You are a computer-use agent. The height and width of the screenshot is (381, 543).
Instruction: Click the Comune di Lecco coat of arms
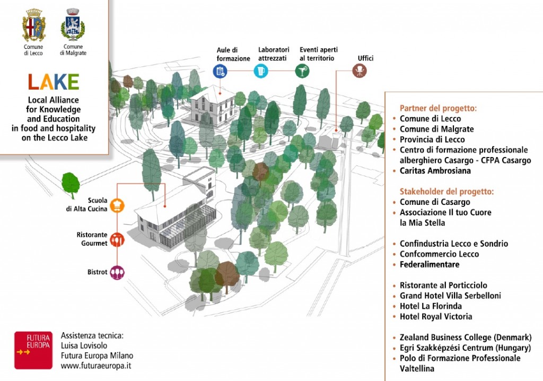click(33, 25)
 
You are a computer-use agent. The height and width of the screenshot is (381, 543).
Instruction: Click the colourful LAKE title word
click(54, 82)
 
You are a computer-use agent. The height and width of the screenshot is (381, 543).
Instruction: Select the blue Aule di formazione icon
click(220, 71)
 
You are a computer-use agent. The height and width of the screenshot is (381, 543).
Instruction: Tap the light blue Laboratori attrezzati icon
click(260, 71)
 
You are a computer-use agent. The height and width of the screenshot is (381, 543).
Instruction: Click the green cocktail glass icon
click(302, 71)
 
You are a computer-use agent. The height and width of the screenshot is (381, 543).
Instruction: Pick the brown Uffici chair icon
click(360, 71)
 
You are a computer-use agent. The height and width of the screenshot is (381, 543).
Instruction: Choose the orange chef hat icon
click(117, 205)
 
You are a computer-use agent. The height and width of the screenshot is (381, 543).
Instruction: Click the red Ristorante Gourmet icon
click(117, 240)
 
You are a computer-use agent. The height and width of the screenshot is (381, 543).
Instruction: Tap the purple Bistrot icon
click(117, 273)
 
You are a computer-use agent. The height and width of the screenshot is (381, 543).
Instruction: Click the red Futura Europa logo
click(33, 350)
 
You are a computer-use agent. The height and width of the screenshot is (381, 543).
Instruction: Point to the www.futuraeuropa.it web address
click(97, 366)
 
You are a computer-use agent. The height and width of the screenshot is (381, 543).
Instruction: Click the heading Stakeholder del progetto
click(446, 191)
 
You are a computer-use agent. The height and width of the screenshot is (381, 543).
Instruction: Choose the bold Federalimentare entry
click(430, 264)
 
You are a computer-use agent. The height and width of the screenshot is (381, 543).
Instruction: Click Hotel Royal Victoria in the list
click(436, 316)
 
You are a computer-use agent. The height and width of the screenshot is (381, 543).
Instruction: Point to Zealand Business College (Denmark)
click(465, 337)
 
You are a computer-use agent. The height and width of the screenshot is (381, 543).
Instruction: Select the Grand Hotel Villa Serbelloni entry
click(450, 296)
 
